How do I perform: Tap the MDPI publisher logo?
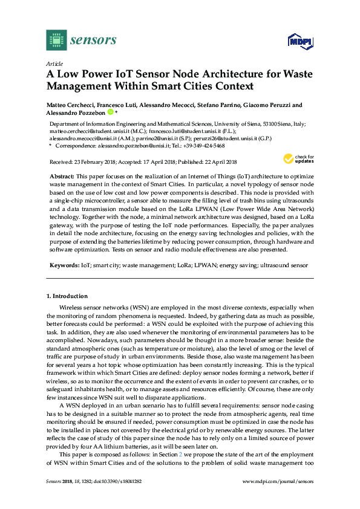tap(294, 41)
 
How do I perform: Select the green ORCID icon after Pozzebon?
tap(111, 112)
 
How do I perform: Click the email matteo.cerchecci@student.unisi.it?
tap(83, 130)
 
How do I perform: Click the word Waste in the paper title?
tap(283, 75)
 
